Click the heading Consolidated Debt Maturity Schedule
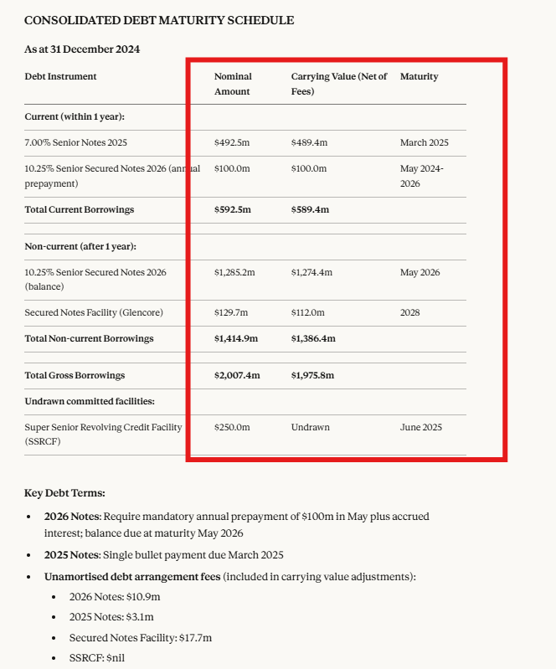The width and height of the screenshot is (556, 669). tap(159, 20)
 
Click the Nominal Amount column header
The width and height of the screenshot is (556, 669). tap(233, 84)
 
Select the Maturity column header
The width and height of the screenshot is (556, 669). tap(419, 76)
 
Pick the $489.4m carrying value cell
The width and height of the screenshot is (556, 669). tap(309, 143)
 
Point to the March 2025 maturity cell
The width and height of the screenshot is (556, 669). tap(425, 143)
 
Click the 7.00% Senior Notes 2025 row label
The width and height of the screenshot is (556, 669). tap(76, 143)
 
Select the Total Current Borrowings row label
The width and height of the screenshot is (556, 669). tap(80, 209)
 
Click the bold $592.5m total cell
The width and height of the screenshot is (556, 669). tap(233, 209)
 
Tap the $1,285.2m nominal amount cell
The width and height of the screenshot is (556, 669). tap(234, 272)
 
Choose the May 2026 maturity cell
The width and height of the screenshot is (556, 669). tap(420, 272)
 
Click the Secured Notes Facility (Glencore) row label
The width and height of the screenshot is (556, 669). tap(94, 312)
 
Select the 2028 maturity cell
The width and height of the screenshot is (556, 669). tap(410, 312)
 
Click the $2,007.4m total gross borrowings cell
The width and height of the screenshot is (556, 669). tap(237, 375)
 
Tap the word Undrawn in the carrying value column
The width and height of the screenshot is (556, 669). tap(310, 427)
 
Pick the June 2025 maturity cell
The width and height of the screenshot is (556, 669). tap(420, 427)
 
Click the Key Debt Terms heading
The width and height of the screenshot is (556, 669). tap(64, 493)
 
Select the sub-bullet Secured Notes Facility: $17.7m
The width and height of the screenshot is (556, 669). tap(141, 638)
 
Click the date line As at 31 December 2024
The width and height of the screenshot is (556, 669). tap(82, 49)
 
